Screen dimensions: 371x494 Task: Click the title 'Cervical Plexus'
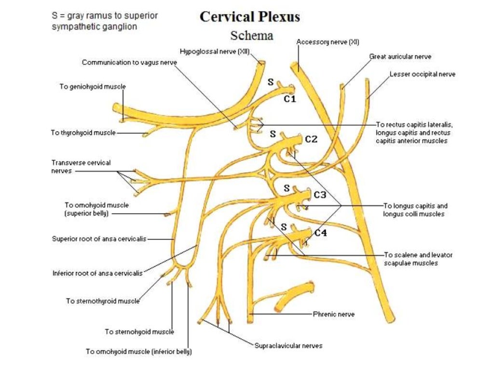[x=249, y=16]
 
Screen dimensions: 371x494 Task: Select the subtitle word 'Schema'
[x=251, y=35]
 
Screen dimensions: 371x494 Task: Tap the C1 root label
[x=289, y=100]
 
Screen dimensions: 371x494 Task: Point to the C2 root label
[x=311, y=140]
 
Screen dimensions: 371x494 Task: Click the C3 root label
[x=320, y=195]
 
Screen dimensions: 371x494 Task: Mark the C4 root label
[x=320, y=233]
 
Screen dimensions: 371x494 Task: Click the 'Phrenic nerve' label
[x=333, y=314]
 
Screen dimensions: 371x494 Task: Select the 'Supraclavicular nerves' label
[x=288, y=345]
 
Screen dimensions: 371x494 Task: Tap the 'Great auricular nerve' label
[x=400, y=57]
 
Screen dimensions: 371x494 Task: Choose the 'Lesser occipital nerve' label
[x=422, y=74]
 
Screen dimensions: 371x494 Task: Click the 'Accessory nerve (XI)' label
[x=328, y=42]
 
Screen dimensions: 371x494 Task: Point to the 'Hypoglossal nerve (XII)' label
[x=215, y=51]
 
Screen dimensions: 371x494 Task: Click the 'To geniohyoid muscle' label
[x=92, y=86]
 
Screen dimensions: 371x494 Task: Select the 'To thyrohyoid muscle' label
[x=83, y=133]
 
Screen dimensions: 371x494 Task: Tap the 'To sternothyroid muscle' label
[x=102, y=301]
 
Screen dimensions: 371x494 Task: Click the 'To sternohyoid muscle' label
[x=139, y=332]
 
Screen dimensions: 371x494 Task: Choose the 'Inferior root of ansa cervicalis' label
[x=97, y=273]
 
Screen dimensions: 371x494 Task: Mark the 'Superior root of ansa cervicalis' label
[x=99, y=239]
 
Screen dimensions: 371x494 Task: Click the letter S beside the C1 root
[x=271, y=83]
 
